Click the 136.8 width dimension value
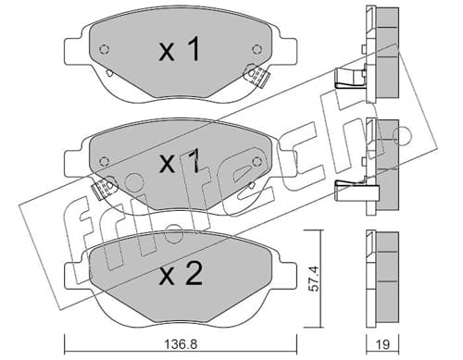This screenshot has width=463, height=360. (x=181, y=344)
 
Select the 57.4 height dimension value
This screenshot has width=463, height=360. (x=314, y=279)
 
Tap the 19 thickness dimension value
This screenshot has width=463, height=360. (x=382, y=344)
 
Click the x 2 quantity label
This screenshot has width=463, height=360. (x=181, y=274)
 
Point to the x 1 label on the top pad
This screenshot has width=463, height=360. (x=180, y=49)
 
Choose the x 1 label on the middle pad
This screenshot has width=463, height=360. (x=180, y=161)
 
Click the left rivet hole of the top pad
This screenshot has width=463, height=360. (x=105, y=49)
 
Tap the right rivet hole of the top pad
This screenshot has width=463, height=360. (x=257, y=49)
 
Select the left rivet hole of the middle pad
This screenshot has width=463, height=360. (x=105, y=161)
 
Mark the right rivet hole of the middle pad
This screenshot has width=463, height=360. (x=257, y=161)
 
